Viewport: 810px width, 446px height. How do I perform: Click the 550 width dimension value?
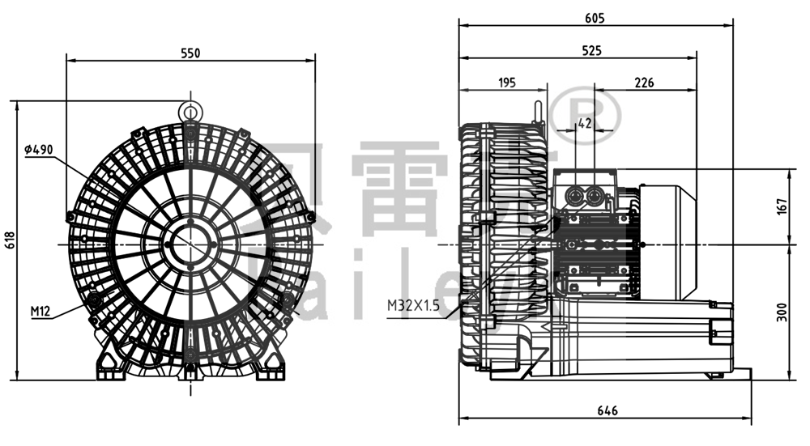(x=190, y=53)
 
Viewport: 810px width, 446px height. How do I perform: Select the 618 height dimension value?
(x=10, y=240)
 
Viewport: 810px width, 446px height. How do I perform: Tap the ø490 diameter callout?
(x=39, y=150)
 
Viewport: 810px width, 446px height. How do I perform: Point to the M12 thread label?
(x=41, y=311)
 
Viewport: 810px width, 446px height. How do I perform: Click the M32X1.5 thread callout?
(x=414, y=304)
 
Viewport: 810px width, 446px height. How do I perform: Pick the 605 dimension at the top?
(x=596, y=17)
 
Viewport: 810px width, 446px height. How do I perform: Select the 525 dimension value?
(x=591, y=51)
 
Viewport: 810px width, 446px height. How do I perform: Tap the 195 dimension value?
(x=507, y=83)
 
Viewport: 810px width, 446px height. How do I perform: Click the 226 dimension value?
(x=645, y=83)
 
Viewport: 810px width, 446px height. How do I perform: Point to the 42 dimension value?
(x=585, y=123)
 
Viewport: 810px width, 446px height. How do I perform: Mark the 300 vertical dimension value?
(x=781, y=312)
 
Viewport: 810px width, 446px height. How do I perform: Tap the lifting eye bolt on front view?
(x=190, y=111)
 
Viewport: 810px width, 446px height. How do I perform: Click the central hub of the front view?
(x=190, y=241)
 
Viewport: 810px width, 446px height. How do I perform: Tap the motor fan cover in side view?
(x=668, y=240)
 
